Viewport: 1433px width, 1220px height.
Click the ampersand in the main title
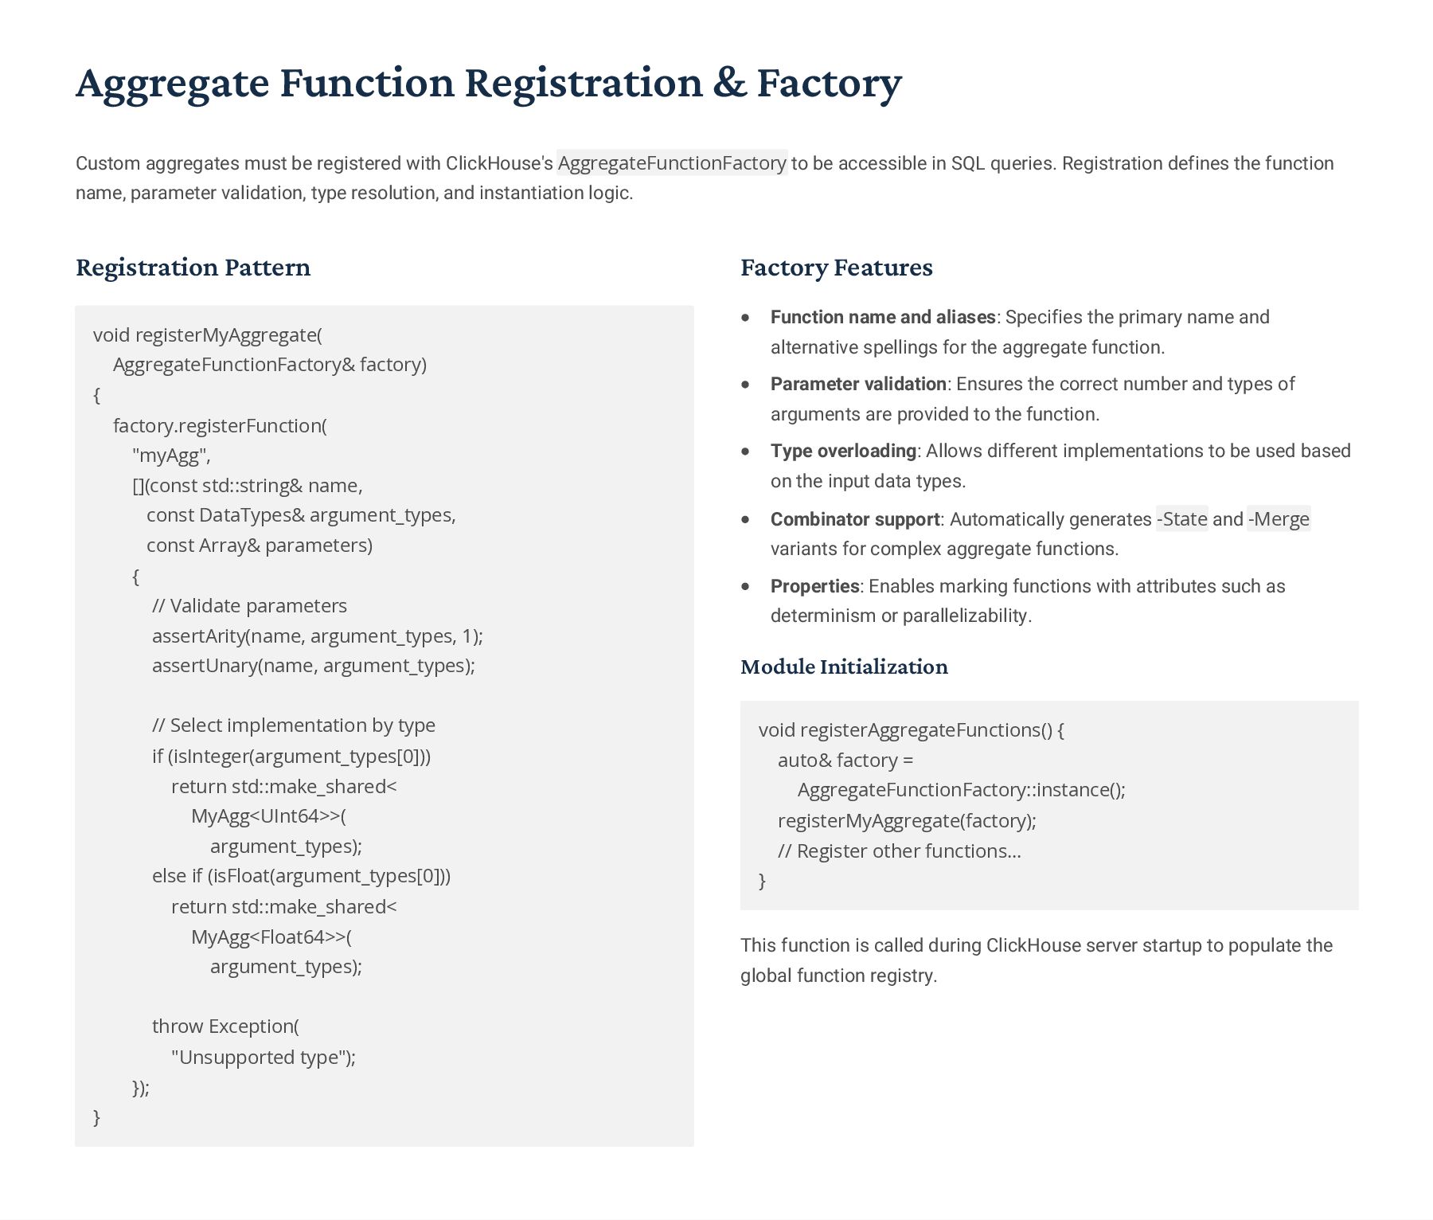pos(728,83)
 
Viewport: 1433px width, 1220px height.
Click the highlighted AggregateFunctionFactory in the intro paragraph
pos(672,163)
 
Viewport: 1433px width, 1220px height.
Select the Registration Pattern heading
pos(193,268)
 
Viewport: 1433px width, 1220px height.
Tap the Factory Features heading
pos(836,268)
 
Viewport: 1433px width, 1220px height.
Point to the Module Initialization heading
pos(844,667)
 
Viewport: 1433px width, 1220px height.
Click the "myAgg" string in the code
pos(171,456)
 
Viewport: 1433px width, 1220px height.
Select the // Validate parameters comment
pos(249,606)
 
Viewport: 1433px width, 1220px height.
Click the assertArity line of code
pos(317,636)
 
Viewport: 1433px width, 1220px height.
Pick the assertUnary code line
pos(313,666)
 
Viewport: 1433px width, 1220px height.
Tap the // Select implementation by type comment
pos(293,725)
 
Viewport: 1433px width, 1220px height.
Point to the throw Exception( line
pos(225,1026)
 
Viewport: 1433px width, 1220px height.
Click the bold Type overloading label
pos(843,451)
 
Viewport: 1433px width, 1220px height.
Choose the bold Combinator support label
pos(855,519)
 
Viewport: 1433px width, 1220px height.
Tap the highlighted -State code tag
pos(1181,519)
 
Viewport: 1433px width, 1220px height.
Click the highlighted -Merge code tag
pos(1278,519)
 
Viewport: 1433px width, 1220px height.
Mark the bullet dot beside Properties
pos(745,586)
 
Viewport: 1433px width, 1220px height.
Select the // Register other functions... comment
pos(899,851)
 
